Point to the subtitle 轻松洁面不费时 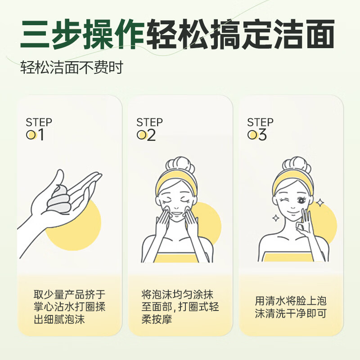(72, 68)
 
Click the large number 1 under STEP (41, 135)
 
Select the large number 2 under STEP (151, 135)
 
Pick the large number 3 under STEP (262, 135)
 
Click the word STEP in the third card (260, 122)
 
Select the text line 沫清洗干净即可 (290, 314)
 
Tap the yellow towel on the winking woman (288, 257)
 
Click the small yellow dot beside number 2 (142, 135)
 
